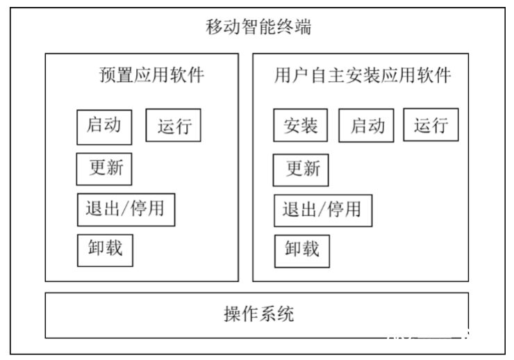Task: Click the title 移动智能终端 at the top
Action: point(258,28)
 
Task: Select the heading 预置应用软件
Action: point(152,75)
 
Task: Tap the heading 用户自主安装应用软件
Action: point(362,75)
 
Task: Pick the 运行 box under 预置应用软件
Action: point(173,126)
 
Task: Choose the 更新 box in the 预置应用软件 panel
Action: point(103,168)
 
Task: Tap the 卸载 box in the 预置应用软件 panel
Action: point(104,249)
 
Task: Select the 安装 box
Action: point(300,126)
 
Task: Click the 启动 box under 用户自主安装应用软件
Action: point(366,126)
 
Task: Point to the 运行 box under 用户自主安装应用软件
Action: point(431,125)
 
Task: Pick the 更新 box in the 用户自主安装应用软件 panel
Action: point(300,169)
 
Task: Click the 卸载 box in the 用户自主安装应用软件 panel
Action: point(301,249)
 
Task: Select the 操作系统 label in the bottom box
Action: point(258,314)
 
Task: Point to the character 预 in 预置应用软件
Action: point(108,75)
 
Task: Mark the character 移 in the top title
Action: point(215,28)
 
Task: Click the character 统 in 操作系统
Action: point(285,314)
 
